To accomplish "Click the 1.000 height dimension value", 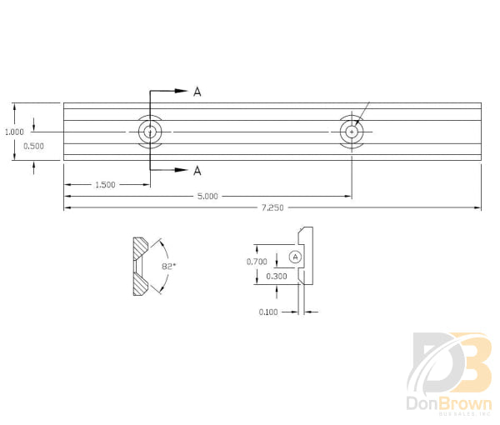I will click(x=13, y=132).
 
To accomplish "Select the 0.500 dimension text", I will click(x=32, y=147).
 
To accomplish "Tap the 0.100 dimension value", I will click(x=267, y=312).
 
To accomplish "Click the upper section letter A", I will click(x=197, y=92).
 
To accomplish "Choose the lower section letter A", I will click(x=197, y=171).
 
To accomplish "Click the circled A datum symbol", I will click(x=295, y=256).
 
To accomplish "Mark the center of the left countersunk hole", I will click(x=150, y=132).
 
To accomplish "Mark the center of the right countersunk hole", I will click(x=352, y=132).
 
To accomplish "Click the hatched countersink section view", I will click(x=139, y=267).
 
